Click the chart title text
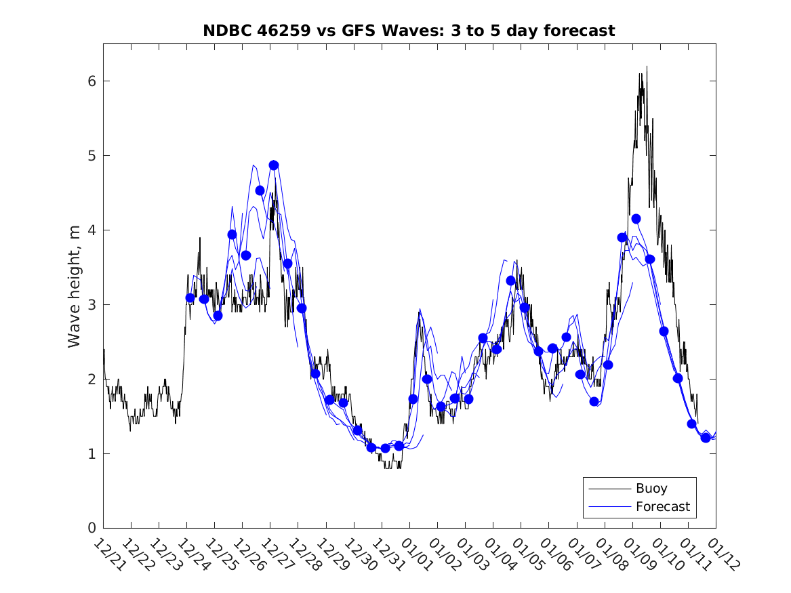click(x=409, y=30)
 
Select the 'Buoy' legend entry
click(x=651, y=488)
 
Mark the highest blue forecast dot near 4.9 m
click(x=274, y=165)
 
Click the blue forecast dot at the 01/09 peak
click(x=636, y=218)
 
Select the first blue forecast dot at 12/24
click(x=190, y=298)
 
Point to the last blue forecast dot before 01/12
click(x=706, y=438)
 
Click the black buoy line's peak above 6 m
click(x=647, y=67)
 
